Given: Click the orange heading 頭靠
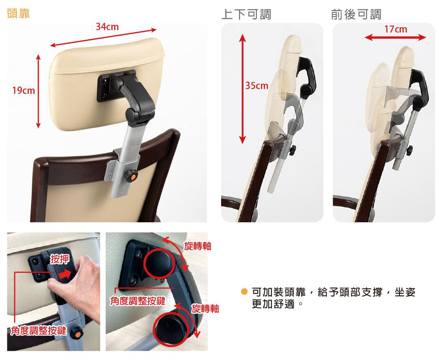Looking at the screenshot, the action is pyautogui.click(x=18, y=13).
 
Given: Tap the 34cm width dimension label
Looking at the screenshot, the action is pyautogui.click(x=107, y=27).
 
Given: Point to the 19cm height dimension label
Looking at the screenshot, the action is pyautogui.click(x=24, y=91).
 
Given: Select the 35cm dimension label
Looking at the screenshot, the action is pyautogui.click(x=257, y=85).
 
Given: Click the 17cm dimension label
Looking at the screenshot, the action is pyautogui.click(x=396, y=29).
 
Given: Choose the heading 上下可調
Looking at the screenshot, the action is pyautogui.click(x=246, y=14).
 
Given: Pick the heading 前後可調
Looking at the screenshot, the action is pyautogui.click(x=356, y=14).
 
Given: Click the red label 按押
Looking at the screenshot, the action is pyautogui.click(x=59, y=259).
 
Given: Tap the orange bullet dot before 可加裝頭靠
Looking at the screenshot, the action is pyautogui.click(x=244, y=292).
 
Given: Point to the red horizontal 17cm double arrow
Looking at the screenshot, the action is pyautogui.click(x=396, y=37).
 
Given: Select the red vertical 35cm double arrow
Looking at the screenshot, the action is pyautogui.click(x=242, y=89).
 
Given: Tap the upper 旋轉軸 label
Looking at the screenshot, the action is pyautogui.click(x=198, y=246).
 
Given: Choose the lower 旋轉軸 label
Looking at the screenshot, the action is pyautogui.click(x=205, y=308).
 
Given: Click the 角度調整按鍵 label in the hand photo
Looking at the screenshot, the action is pyautogui.click(x=38, y=331).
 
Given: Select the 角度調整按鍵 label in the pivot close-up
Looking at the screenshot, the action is pyautogui.click(x=137, y=301).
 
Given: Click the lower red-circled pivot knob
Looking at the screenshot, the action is pyautogui.click(x=170, y=329).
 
